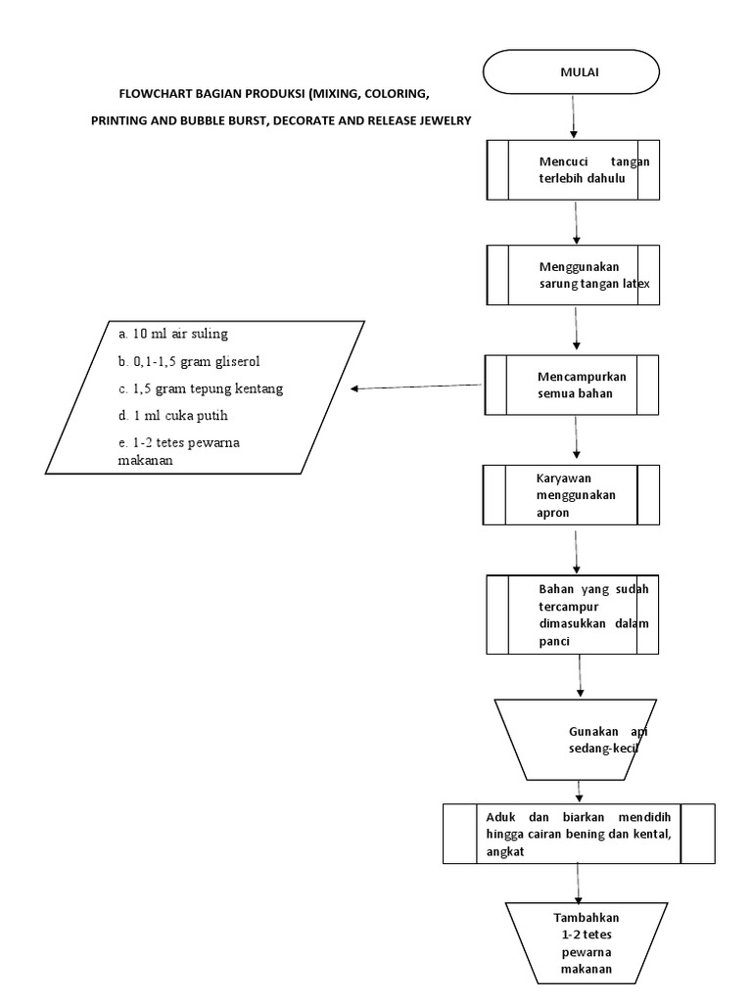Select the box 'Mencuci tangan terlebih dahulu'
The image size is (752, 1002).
pyautogui.click(x=574, y=170)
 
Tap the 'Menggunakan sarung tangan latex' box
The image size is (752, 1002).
pyautogui.click(x=574, y=275)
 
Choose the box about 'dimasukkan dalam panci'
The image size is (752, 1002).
pyautogui.click(x=574, y=614)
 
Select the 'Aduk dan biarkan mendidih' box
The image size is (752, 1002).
pyautogui.click(x=578, y=834)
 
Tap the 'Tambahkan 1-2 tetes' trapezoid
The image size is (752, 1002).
pyautogui.click(x=586, y=942)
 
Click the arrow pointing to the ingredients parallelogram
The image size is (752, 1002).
pyautogui.click(x=416, y=387)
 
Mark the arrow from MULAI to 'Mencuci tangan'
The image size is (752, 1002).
pyautogui.click(x=574, y=118)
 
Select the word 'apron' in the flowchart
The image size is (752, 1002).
pyautogui.click(x=552, y=512)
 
